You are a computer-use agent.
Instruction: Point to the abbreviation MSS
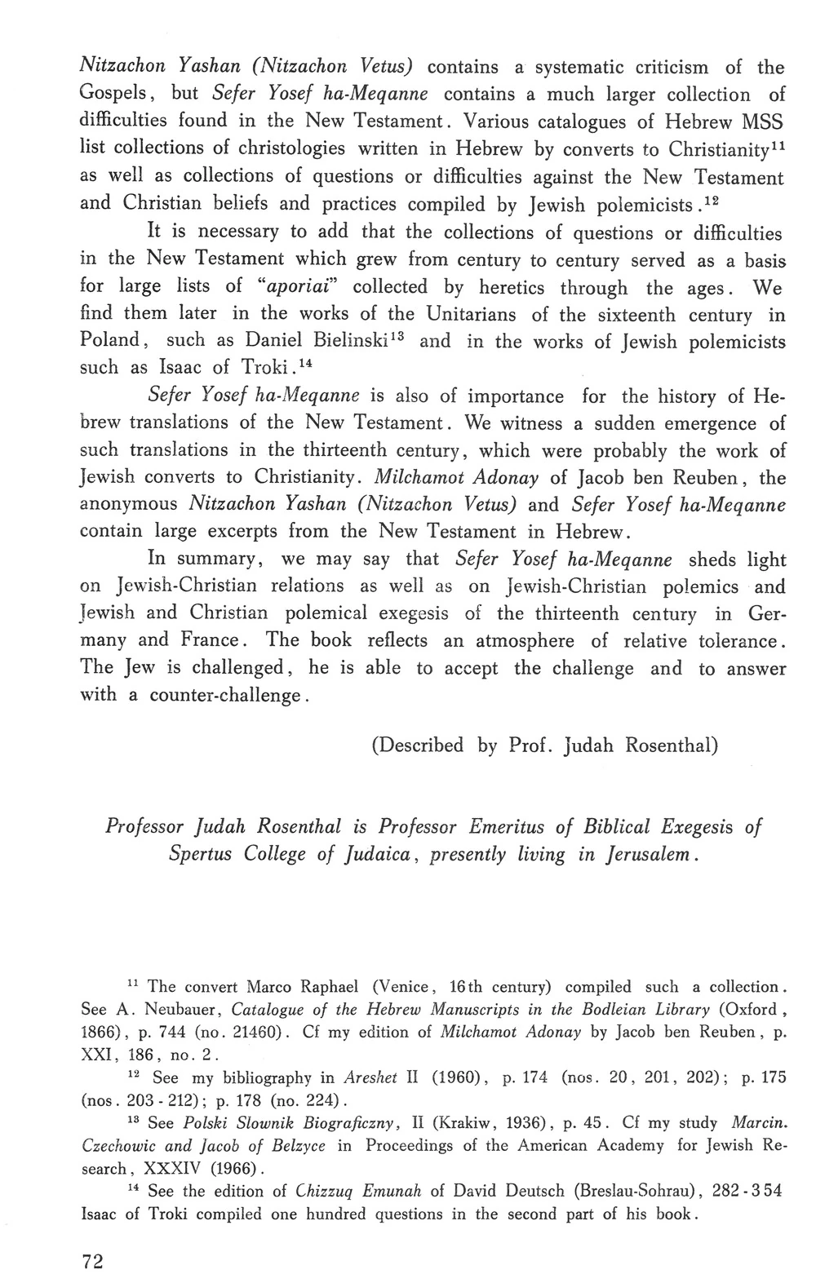tap(761, 122)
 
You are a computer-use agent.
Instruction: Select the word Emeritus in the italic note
tap(507, 827)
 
